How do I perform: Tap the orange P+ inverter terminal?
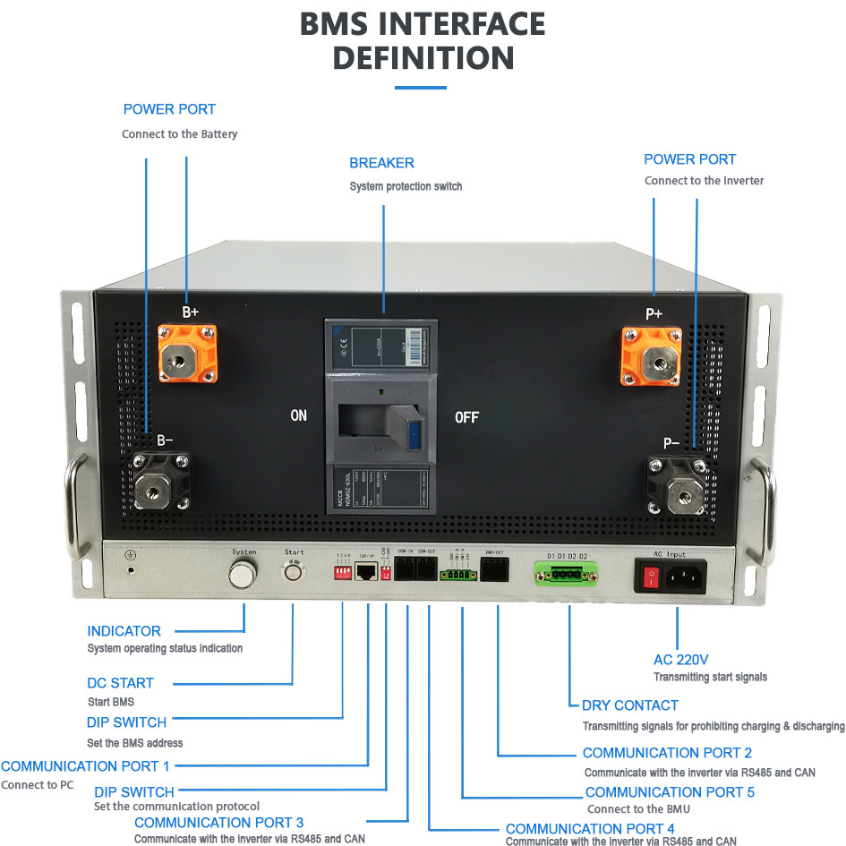pos(652,355)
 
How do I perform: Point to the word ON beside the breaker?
pos(298,416)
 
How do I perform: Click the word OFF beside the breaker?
pos(466,417)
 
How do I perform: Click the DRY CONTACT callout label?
pos(630,705)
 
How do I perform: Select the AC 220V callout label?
pos(681,660)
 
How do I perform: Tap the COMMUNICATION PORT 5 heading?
pos(670,792)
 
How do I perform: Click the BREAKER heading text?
pos(381,163)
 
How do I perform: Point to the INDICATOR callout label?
pos(124,631)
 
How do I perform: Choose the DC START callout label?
pos(121,683)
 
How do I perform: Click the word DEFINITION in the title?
pos(423,58)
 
